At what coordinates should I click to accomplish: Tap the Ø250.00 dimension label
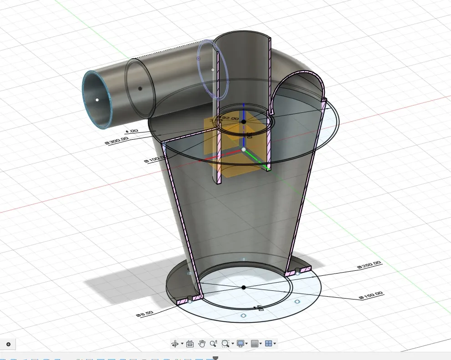click(x=369, y=265)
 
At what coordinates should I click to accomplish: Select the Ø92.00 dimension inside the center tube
click(x=228, y=118)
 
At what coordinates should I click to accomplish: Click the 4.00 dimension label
click(x=132, y=131)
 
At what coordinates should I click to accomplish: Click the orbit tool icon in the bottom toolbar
click(x=174, y=344)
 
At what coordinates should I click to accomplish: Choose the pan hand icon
click(x=202, y=344)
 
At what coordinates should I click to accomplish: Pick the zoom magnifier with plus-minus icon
click(x=213, y=344)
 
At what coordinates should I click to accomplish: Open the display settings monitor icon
click(x=240, y=344)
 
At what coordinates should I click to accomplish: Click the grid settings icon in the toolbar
click(x=255, y=344)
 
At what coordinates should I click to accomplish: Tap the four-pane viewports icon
click(x=269, y=344)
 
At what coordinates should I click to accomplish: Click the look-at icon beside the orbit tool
click(x=190, y=344)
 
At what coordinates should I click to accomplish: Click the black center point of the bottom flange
click(x=244, y=287)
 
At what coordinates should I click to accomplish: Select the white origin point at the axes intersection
click(x=244, y=149)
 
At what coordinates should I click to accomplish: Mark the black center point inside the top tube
click(x=244, y=122)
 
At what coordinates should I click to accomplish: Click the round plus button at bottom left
click(x=8, y=344)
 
